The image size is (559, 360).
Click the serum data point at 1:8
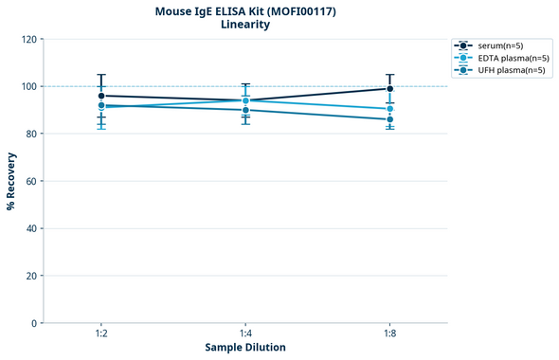(389, 89)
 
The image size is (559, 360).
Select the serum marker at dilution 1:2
(101, 96)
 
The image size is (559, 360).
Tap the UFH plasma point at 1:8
(389, 119)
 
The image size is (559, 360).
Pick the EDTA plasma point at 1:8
(389, 109)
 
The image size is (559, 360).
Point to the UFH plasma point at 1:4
(245, 110)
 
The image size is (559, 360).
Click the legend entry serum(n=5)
(498, 45)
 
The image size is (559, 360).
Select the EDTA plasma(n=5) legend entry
(506, 58)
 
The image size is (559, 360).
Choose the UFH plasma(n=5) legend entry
(504, 70)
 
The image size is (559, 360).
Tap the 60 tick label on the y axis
(32, 181)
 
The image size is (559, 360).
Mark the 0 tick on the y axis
(35, 323)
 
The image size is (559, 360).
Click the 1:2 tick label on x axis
(101, 334)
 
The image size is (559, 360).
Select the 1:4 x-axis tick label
(245, 334)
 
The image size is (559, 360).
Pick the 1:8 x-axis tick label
(389, 334)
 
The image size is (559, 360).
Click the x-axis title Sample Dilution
(245, 348)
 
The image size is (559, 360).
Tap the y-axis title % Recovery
(11, 181)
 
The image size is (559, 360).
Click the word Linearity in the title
(244, 25)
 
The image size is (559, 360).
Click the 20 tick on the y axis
(32, 276)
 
